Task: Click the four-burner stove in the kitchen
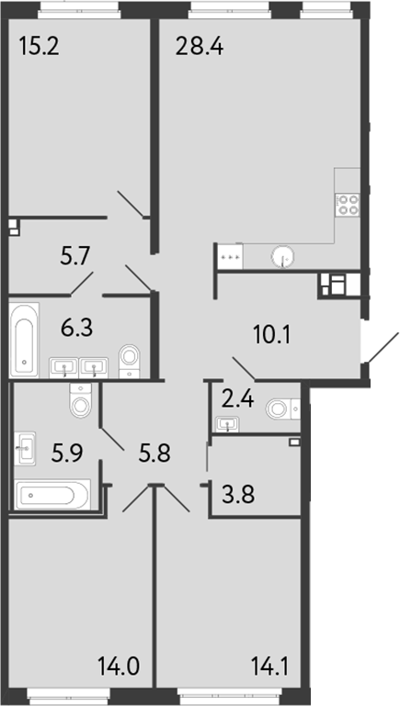348,204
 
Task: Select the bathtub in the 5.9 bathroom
51,497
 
